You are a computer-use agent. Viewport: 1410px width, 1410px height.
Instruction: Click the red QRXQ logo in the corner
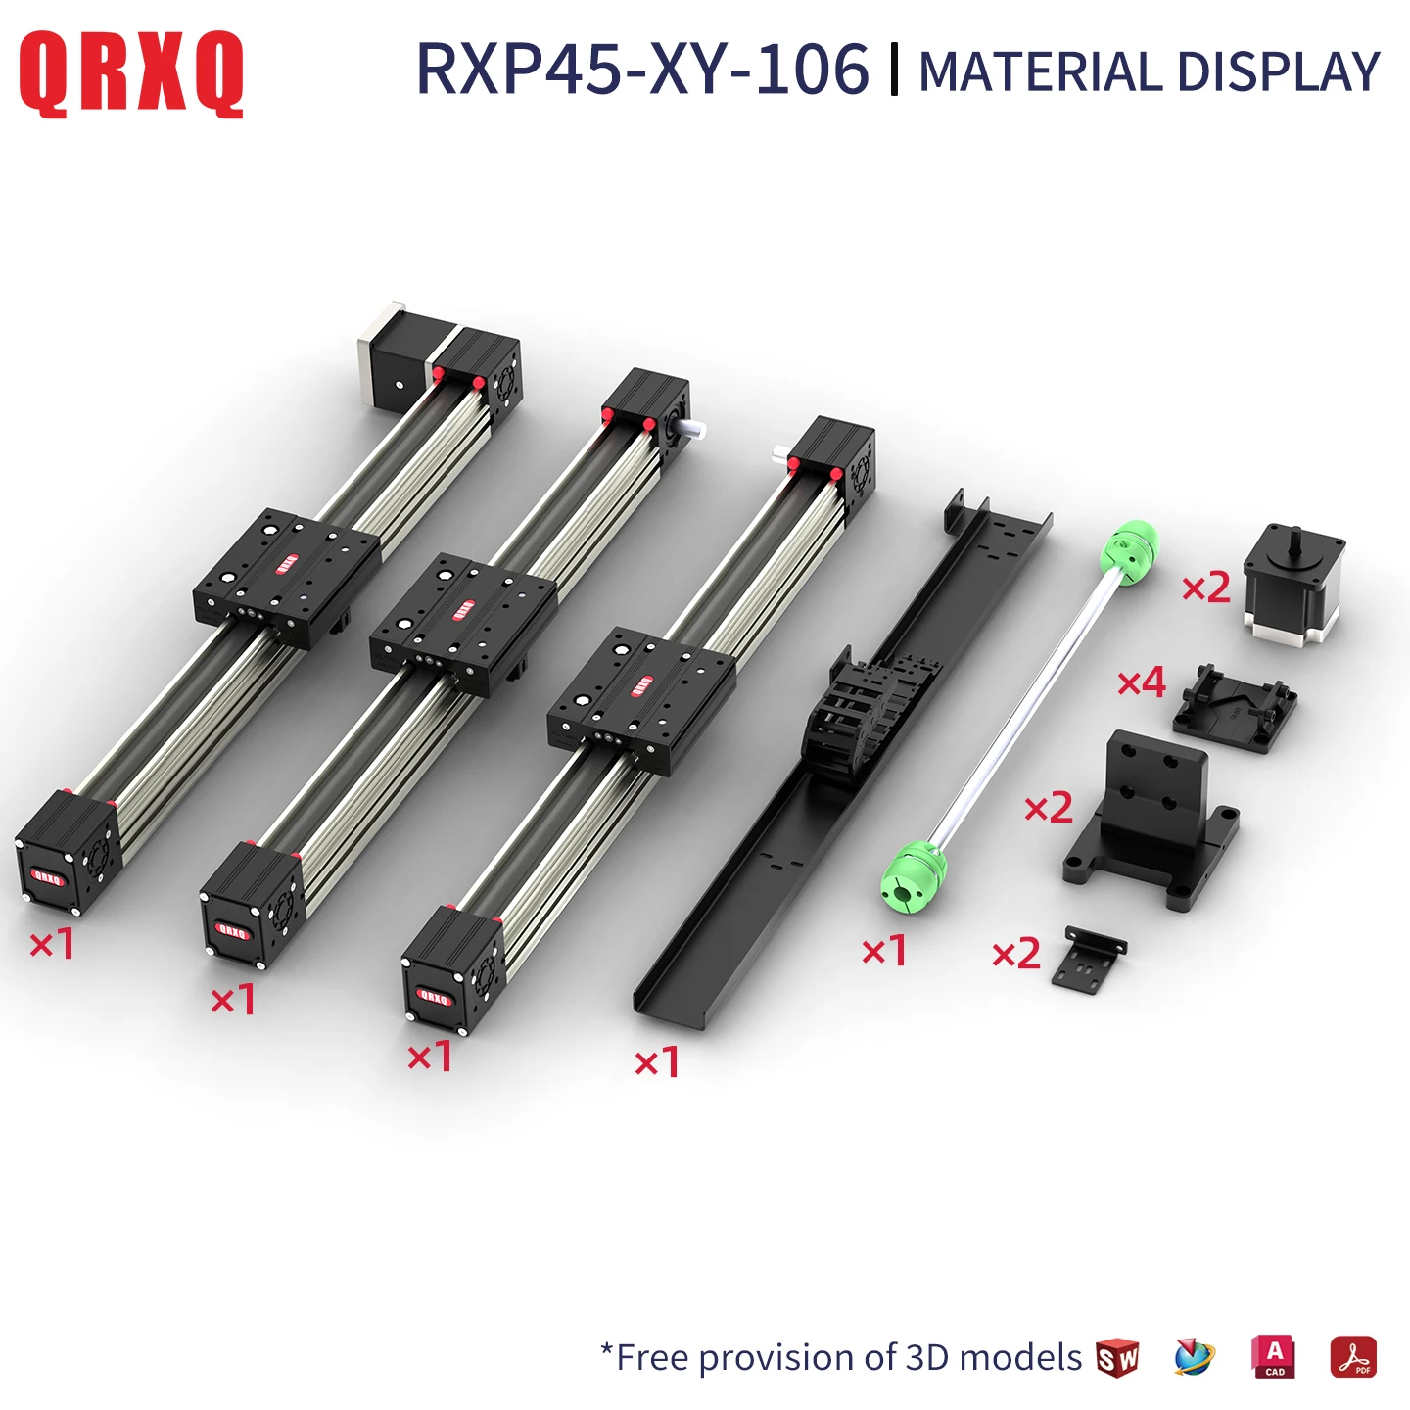pos(131,73)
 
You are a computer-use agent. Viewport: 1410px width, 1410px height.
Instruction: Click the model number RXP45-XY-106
pos(642,70)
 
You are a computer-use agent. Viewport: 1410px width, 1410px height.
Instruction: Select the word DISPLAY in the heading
pos(1278,72)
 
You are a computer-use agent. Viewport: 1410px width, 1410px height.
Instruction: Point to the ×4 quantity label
pos(1143,682)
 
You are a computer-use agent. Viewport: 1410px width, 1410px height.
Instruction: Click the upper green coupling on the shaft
pos(1129,551)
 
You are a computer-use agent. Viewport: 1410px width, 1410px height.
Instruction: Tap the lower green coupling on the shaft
pos(914,872)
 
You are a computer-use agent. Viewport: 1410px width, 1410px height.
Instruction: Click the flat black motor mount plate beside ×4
pos(1236,709)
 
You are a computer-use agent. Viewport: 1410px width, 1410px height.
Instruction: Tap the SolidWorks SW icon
pos(1117,1357)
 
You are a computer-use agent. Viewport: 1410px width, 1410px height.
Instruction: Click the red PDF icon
pos(1353,1357)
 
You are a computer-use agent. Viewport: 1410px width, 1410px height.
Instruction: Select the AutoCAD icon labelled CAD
pos(1274,1357)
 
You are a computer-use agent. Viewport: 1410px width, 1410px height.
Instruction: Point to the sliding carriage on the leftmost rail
pos(286,577)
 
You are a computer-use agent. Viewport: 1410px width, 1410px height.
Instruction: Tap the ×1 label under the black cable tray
pos(657,1062)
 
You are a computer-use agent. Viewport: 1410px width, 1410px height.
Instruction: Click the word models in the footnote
pos(1020,1357)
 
